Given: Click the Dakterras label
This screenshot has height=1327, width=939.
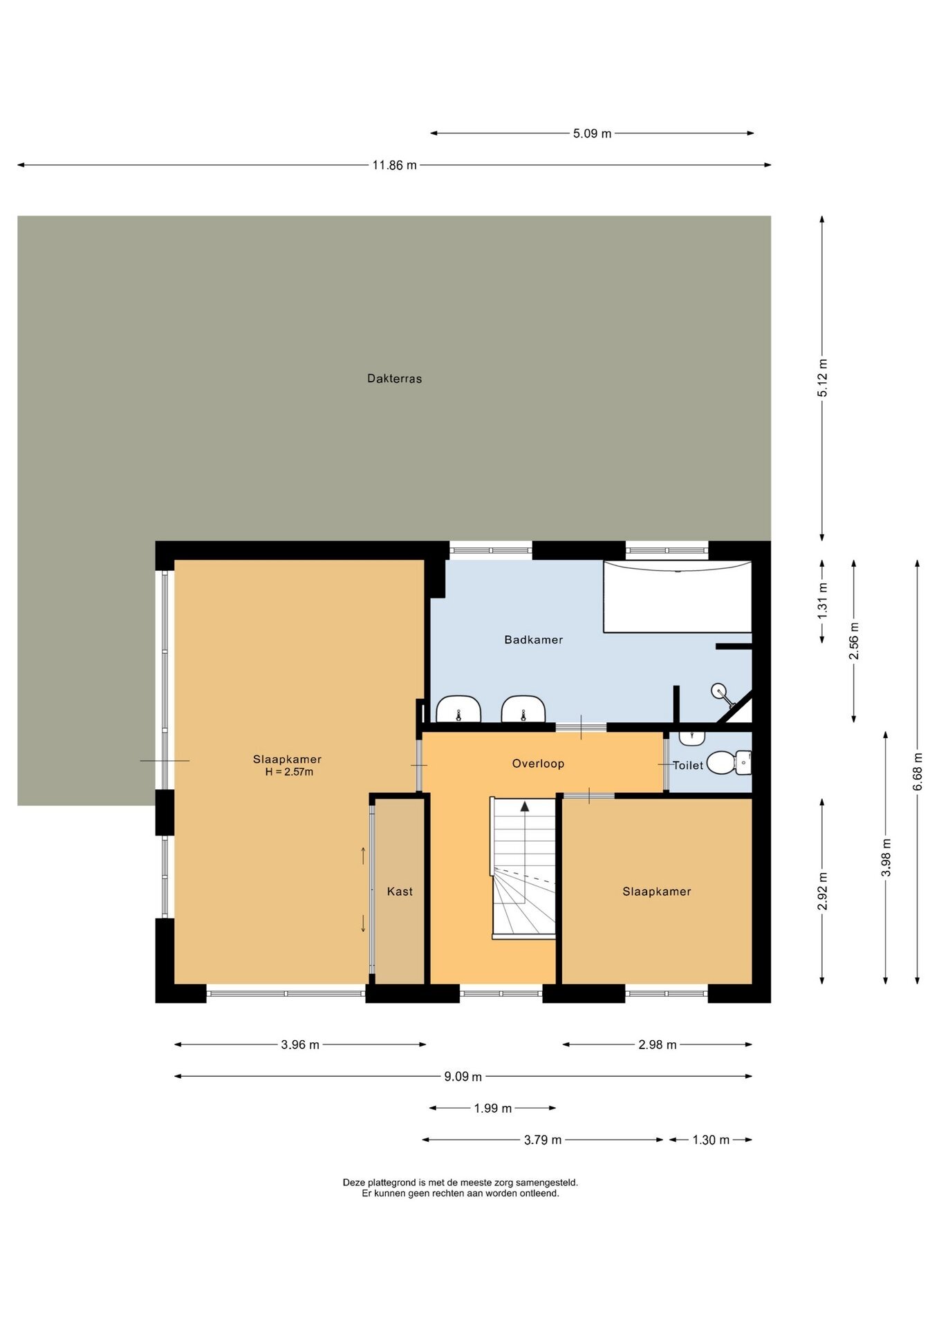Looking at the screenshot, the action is [394, 378].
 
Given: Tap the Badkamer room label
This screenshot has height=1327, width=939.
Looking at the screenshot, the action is [533, 639].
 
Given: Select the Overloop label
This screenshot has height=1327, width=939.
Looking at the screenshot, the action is [538, 763].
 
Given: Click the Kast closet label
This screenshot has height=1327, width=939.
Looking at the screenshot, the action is [400, 891].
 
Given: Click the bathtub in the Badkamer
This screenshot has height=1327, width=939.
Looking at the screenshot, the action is [677, 596].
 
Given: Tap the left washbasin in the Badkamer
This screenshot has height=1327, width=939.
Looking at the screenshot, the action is [458, 709].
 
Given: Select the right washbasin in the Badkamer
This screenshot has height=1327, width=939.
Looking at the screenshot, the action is [523, 709].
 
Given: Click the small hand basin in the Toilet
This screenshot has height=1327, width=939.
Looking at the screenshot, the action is [691, 738].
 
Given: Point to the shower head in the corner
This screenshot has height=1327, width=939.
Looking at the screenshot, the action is [719, 690].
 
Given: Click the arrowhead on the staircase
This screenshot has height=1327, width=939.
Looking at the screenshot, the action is [525, 806].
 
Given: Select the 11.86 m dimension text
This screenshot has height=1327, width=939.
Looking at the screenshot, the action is [394, 165].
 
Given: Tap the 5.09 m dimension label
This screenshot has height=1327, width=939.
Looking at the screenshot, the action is [592, 133].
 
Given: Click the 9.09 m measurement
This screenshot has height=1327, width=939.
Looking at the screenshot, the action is [463, 1076].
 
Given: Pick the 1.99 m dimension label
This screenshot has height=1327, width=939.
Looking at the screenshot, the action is [492, 1108].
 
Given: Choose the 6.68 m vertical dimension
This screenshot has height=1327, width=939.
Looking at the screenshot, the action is [918, 771].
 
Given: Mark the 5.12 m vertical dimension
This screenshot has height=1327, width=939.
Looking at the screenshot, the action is [822, 378].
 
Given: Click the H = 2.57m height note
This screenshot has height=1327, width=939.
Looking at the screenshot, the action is [289, 772].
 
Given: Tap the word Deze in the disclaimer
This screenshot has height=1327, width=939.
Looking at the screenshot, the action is [353, 1183].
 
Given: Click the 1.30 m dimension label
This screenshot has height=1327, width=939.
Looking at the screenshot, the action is [711, 1140].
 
